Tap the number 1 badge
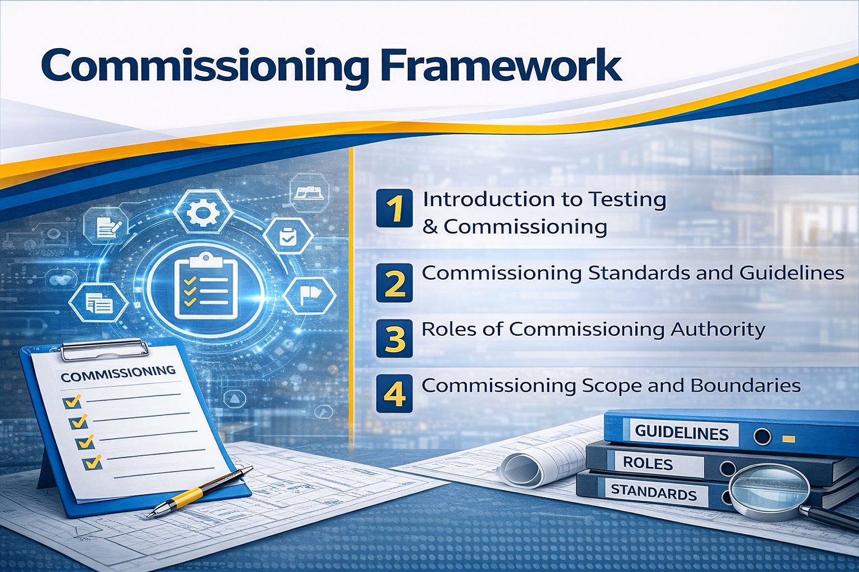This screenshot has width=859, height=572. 395,208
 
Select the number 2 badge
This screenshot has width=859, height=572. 395,283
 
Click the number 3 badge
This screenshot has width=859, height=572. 395,339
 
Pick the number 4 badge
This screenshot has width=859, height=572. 395,394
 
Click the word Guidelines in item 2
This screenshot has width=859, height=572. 792,273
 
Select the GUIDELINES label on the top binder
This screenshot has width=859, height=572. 682,433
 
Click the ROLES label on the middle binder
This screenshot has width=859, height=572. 648,464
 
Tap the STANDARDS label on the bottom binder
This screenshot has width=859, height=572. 653,493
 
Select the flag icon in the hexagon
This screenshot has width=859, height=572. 309,297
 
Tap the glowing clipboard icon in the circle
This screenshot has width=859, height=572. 206,285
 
